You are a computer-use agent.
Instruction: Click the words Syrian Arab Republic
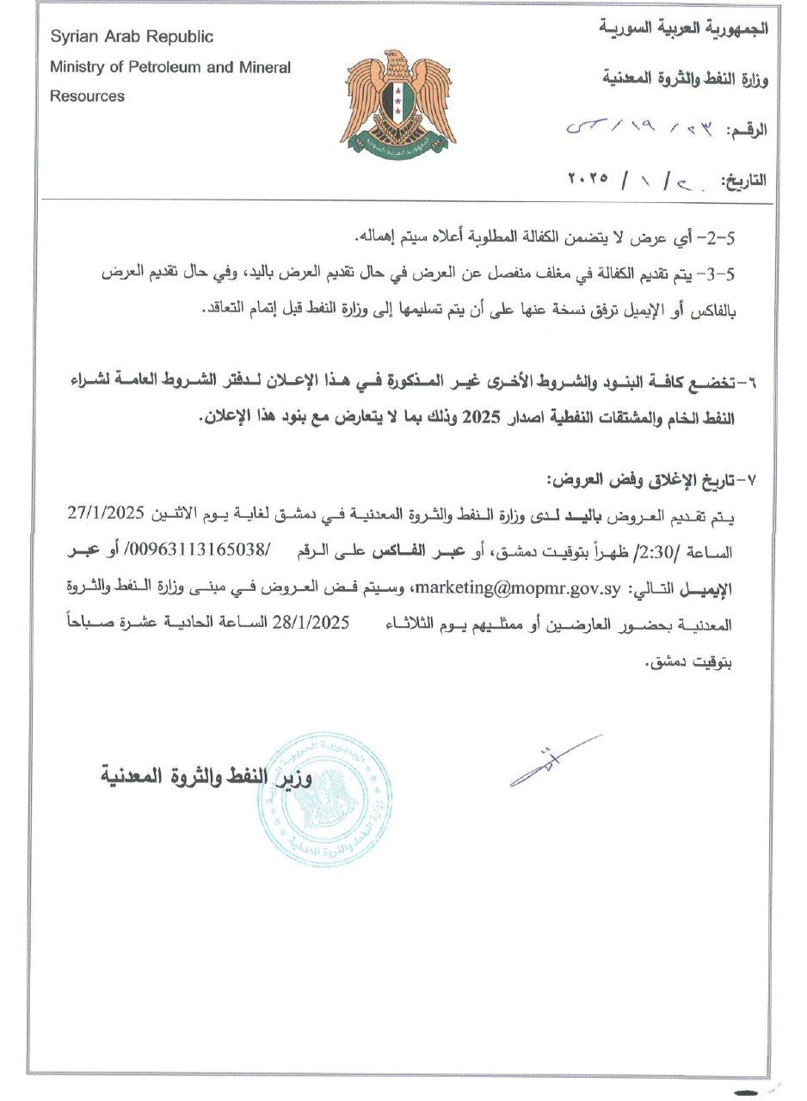click(132, 37)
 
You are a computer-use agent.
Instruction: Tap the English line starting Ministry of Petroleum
click(170, 67)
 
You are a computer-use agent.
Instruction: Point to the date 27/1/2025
click(121, 514)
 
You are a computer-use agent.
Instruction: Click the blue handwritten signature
click(555, 760)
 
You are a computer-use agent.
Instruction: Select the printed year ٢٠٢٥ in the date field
click(588, 179)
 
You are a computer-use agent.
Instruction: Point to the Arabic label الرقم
click(747, 130)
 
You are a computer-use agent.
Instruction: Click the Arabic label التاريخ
click(742, 180)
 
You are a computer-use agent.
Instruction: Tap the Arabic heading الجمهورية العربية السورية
click(683, 28)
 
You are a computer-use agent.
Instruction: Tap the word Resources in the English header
click(87, 96)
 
